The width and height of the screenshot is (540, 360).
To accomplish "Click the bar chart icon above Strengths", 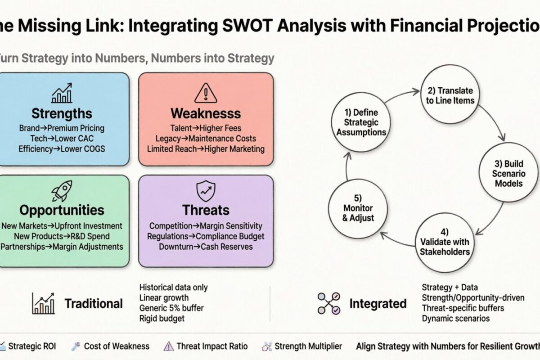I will point(62,93).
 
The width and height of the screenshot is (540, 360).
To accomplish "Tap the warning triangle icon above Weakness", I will point(206,93).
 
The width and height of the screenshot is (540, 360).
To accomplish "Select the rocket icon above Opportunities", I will point(62,191).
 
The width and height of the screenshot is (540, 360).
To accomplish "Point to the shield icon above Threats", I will point(206,192).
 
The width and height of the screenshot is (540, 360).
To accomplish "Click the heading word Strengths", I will point(62,113).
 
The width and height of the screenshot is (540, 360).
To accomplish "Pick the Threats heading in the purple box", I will point(206,210).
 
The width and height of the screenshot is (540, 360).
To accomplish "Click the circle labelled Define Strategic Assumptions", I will point(359,122).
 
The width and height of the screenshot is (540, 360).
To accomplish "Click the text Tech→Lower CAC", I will point(62,138).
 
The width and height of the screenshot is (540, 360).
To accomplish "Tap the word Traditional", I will point(94,303).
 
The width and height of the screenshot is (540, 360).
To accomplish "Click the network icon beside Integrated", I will point(328,303).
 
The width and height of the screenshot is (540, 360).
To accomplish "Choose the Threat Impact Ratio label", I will point(212,346).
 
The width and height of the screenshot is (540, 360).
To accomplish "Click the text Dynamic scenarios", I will point(456,319).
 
